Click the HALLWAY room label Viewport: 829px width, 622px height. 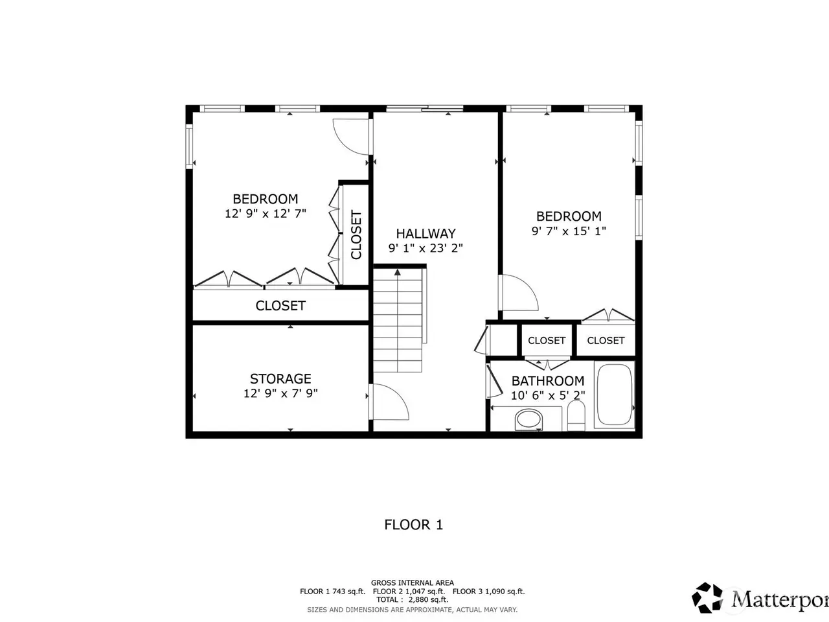(426, 234)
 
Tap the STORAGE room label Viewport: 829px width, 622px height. (280, 379)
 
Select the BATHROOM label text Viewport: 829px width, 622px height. (548, 381)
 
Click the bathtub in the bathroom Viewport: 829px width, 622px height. (615, 395)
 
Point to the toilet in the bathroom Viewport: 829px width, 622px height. (576, 415)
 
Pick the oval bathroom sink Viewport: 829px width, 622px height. (528, 420)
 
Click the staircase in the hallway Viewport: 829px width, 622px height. (398, 319)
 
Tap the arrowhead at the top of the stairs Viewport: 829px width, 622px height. (397, 272)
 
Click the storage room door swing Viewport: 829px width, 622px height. (389, 402)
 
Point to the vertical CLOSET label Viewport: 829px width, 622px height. (356, 235)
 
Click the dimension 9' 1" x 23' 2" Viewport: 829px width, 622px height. (426, 248)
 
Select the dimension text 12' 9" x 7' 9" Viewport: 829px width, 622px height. (280, 393)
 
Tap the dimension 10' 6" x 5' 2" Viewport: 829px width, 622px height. (548, 395)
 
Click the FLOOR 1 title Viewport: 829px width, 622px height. (414, 525)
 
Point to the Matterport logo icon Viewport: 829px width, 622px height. (707, 598)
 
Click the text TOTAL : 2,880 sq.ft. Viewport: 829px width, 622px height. (412, 599)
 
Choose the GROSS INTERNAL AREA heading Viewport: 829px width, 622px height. (413, 582)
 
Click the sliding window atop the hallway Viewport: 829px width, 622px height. (424, 109)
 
